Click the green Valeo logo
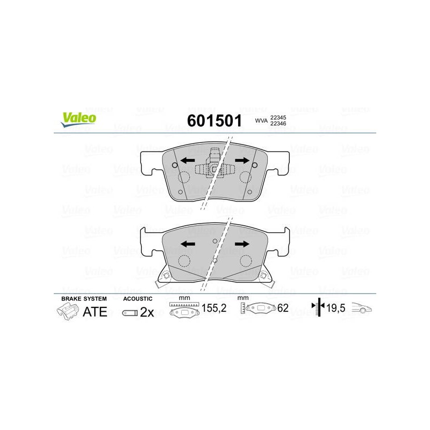point(78,119)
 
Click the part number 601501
point(214,120)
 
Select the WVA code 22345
point(278,117)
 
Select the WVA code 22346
point(278,124)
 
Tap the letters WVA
point(261,120)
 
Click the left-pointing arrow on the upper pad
point(188,160)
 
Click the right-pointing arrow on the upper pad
point(242,160)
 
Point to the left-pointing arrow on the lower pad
point(188,244)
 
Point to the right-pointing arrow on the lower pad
point(242,244)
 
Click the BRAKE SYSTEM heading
point(84,299)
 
